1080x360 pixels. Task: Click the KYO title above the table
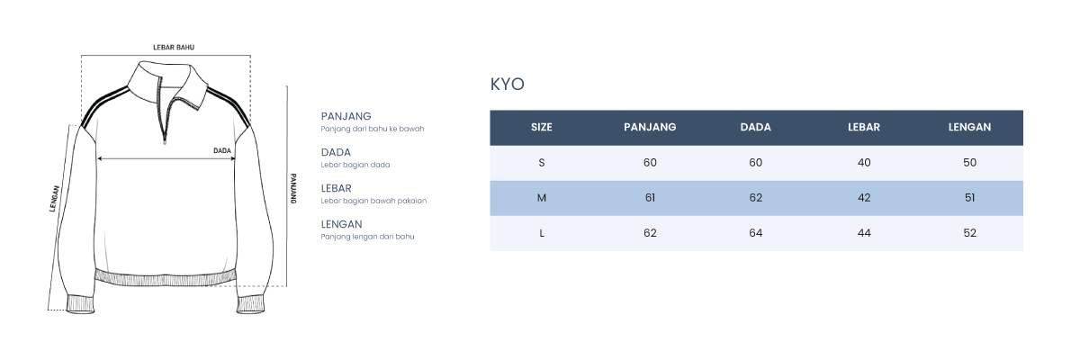[508, 85]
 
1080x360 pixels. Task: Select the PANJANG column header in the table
[650, 127]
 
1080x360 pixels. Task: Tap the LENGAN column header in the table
[969, 127]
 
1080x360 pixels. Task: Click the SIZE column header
[542, 127]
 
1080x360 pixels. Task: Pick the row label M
[542, 198]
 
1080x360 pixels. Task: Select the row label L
[542, 233]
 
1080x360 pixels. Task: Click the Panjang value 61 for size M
[650, 198]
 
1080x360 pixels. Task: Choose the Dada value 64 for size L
[755, 233]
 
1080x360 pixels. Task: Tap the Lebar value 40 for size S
[864, 163]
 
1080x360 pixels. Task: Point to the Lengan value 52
[969, 233]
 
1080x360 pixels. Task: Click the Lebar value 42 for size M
[864, 198]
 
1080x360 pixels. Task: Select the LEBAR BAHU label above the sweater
[174, 47]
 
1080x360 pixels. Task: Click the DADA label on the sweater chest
[222, 151]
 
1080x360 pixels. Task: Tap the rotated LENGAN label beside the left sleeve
[55, 199]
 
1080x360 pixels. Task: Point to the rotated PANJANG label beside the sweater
[293, 188]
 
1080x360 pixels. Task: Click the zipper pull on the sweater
[165, 139]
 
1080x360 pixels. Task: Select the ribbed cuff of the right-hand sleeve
[251, 304]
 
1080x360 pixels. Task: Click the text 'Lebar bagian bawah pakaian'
[373, 201]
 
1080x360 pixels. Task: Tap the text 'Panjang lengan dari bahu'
[367, 237]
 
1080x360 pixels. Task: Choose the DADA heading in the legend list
[336, 152]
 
